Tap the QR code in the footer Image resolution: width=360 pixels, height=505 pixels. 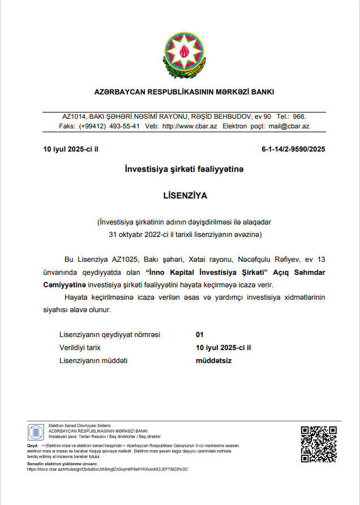(319, 444)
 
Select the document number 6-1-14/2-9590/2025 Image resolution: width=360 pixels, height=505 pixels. (293, 150)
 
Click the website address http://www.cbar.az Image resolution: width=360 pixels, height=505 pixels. (190, 127)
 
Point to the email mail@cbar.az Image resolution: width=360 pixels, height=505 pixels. (289, 127)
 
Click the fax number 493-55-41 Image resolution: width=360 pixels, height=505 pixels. (125, 127)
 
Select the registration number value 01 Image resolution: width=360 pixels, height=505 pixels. (199, 334)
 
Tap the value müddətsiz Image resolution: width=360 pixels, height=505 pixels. (214, 360)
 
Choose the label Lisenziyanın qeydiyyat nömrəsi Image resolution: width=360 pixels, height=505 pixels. (110, 334)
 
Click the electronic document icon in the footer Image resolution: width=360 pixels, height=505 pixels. (36, 433)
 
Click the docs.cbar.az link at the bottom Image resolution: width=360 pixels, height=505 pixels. (108, 469)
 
